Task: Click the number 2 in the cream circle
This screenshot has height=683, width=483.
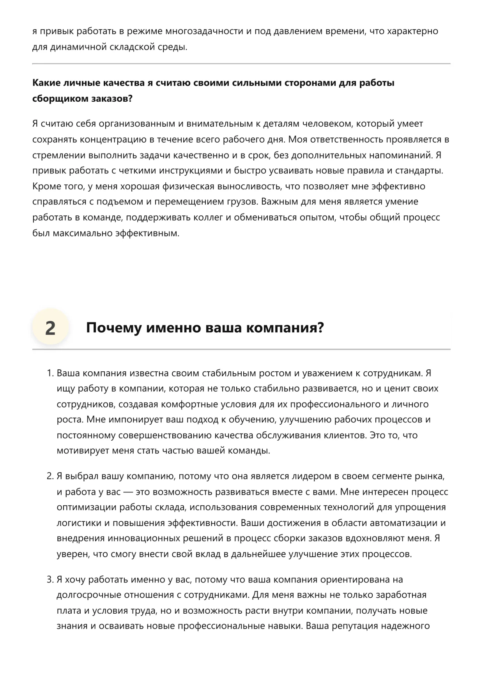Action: click(50, 328)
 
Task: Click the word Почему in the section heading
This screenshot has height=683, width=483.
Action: click(113, 328)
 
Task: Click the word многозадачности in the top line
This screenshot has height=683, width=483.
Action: click(204, 31)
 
